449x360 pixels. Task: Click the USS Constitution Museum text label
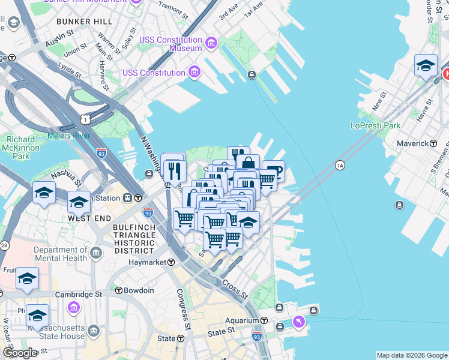coord(170,44)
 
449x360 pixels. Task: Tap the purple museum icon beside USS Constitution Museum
coord(211,43)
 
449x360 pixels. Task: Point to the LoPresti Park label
coord(375,126)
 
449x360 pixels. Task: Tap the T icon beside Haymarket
coord(171,262)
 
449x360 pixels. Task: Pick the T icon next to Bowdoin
coord(119,290)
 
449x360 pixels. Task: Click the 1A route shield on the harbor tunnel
coord(340,165)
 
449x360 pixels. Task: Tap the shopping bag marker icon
coord(248,164)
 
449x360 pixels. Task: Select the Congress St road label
coord(183,304)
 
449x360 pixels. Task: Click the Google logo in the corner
coord(19,353)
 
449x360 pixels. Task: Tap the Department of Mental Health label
coord(59,255)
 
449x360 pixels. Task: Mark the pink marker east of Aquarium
coord(298,323)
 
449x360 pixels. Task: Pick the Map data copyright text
coord(411,355)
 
